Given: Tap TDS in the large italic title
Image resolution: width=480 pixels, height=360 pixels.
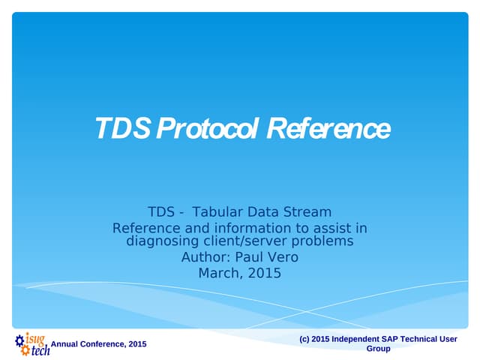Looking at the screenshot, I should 122,128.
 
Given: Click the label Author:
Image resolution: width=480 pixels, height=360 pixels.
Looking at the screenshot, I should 205,257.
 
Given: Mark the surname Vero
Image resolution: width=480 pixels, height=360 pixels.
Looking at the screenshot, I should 283,257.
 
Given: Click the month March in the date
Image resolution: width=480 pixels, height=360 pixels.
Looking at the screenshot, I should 219,273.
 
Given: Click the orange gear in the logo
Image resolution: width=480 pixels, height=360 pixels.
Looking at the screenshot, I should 25,351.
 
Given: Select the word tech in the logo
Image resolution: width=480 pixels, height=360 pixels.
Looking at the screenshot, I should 40,350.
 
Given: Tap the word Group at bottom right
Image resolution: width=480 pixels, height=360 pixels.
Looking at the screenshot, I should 378,349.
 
